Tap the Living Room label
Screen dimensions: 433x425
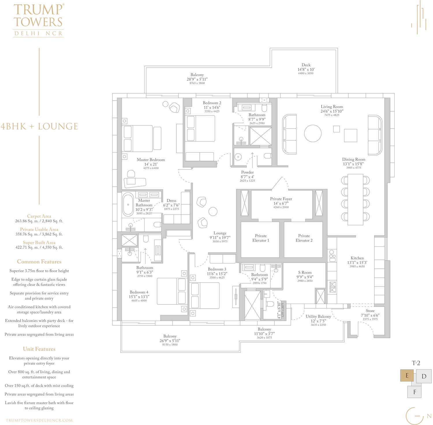pyautogui.click(x=332, y=107)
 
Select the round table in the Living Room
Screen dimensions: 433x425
pyautogui.click(x=313, y=133)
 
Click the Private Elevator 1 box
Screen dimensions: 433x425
pyautogui.click(x=260, y=240)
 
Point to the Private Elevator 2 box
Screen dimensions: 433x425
pyautogui.click(x=303, y=240)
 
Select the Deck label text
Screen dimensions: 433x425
pyautogui.click(x=306, y=65)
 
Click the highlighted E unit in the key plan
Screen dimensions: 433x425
pyautogui.click(x=407, y=376)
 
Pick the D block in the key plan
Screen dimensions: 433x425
pyautogui.click(x=424, y=376)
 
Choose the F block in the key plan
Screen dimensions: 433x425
pyautogui.click(x=415, y=392)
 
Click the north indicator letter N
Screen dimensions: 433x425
pyautogui.click(x=429, y=416)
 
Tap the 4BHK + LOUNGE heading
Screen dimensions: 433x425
pyautogui.click(x=39, y=126)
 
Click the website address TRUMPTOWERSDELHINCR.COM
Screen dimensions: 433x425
pyautogui.click(x=39, y=420)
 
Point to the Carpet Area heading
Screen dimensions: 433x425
pyautogui.click(x=39, y=216)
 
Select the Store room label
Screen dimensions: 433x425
pyautogui.click(x=370, y=311)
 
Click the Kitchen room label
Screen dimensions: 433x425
pyautogui.click(x=357, y=258)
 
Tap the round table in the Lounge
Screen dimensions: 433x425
pyautogui.click(x=213, y=211)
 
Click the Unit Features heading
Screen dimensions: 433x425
pyautogui.click(x=39, y=349)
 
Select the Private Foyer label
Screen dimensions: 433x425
pyautogui.click(x=281, y=199)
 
